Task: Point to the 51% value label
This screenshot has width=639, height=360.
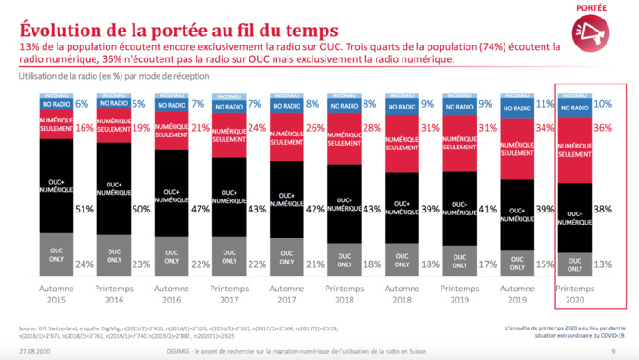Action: (83, 209)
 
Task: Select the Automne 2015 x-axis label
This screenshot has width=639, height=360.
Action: (58, 296)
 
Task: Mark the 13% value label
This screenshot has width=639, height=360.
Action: (604, 264)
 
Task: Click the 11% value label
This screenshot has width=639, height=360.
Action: (546, 105)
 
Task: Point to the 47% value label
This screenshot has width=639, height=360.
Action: (198, 209)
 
